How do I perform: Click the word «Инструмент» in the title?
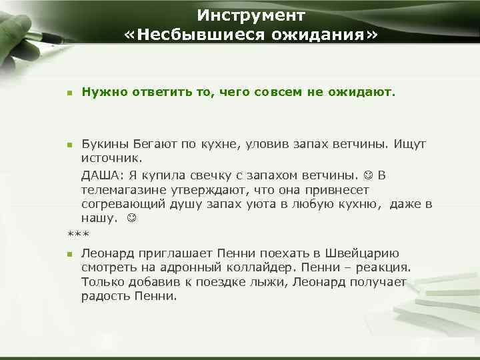coord(251,15)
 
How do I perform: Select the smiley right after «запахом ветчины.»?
coord(369,175)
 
